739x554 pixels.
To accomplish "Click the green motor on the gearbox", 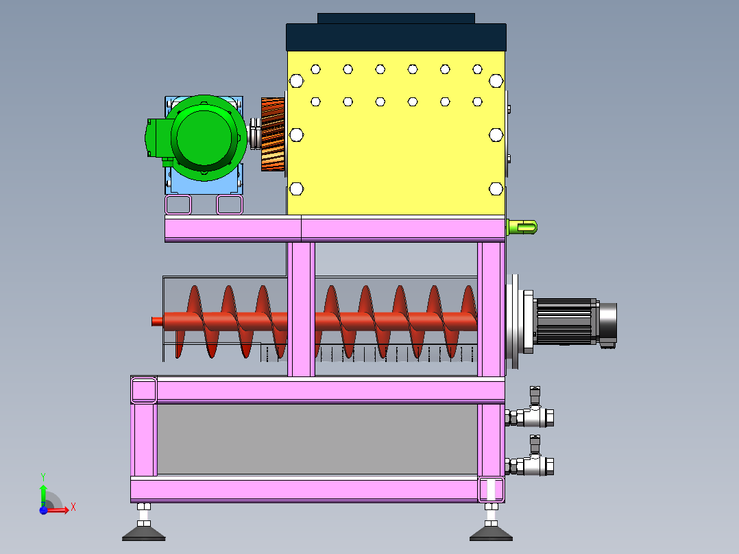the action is coord(203,137).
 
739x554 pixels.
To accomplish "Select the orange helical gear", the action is coord(273,134).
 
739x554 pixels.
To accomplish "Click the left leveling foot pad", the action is coord(144,532).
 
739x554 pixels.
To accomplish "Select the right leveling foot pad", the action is coord(491,532).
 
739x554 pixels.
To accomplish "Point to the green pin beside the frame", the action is coord(522,228).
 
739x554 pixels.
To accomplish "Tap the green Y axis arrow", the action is coord(43,496).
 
